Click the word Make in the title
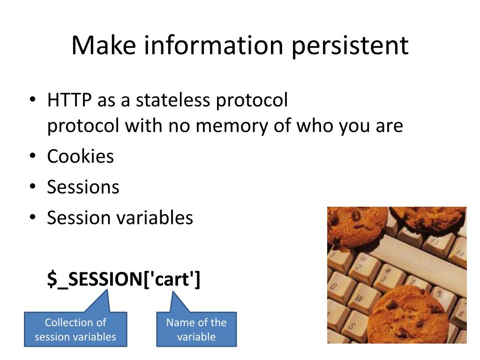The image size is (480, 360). click(x=104, y=45)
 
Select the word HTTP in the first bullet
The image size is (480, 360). click(x=69, y=100)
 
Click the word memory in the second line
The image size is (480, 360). click(x=231, y=126)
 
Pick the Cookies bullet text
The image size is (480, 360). click(x=81, y=156)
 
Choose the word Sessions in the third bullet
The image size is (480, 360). click(x=83, y=187)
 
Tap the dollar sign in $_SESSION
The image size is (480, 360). click(x=52, y=279)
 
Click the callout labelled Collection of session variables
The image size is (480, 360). click(x=75, y=329)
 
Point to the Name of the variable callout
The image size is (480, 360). click(x=196, y=329)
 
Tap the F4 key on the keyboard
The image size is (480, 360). click(x=459, y=253)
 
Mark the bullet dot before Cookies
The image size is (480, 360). click(x=33, y=156)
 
